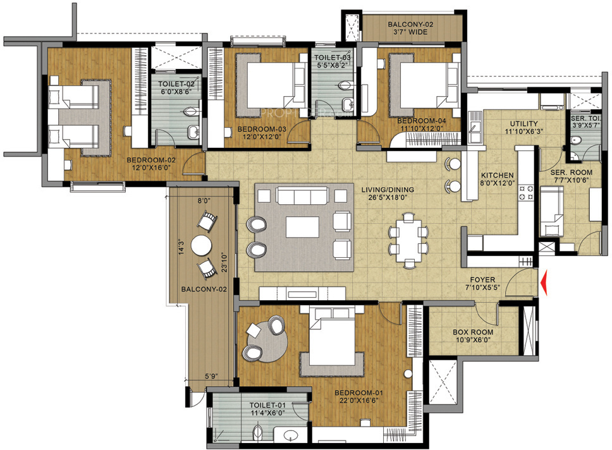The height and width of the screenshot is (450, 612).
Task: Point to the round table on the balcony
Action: pos(202,245)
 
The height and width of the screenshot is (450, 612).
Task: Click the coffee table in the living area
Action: pos(302,228)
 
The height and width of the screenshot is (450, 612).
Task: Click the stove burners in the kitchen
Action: pos(525,193)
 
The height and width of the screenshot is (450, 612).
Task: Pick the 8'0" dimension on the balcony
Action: pos(204,201)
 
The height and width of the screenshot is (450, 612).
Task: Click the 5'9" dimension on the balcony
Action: pos(211,377)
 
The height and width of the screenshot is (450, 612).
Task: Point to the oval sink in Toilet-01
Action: pos(291,435)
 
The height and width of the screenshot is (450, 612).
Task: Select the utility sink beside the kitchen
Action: pos(475,127)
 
